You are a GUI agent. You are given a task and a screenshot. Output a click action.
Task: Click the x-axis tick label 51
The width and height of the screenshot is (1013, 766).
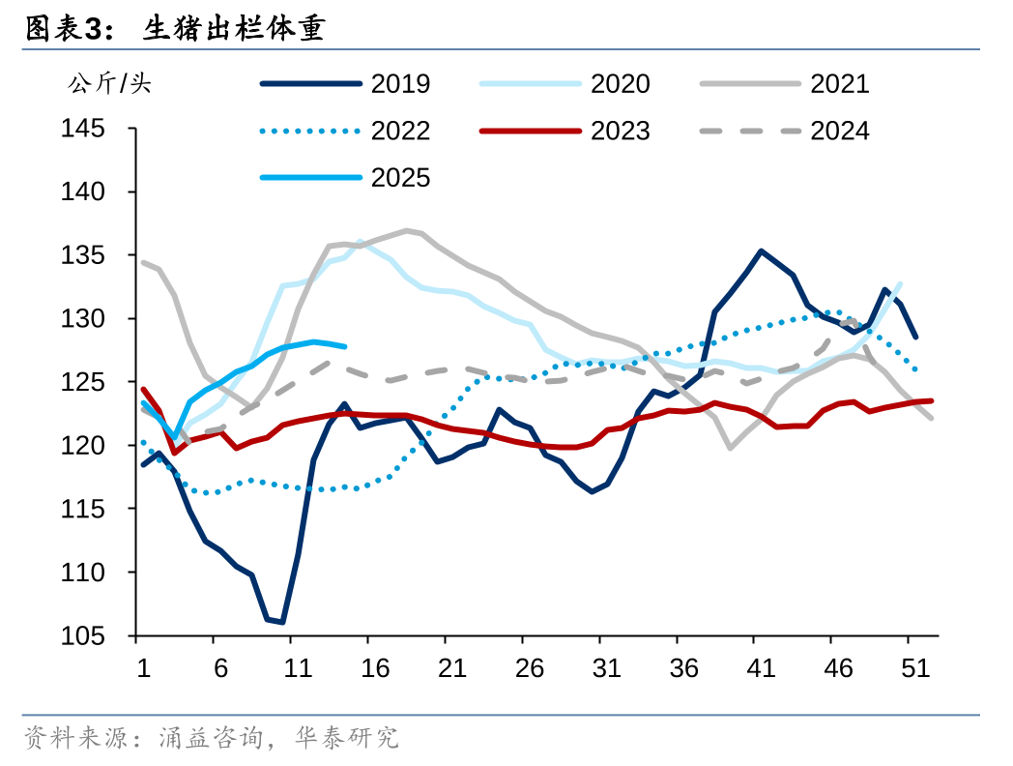915,668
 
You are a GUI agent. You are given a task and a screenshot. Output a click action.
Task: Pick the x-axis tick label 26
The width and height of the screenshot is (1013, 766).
529,668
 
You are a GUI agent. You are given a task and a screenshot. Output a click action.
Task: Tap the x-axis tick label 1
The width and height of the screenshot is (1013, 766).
143,668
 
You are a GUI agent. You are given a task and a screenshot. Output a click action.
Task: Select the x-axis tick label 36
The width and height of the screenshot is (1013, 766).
683,668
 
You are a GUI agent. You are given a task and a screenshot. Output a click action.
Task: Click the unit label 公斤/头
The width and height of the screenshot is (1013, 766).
109,84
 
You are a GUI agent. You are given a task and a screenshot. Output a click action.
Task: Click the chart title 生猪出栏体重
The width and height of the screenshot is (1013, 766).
233,30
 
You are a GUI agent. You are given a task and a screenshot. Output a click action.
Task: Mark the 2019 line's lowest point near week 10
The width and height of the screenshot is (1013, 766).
281,622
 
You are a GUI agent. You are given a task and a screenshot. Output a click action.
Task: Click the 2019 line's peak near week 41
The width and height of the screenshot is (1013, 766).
761,251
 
